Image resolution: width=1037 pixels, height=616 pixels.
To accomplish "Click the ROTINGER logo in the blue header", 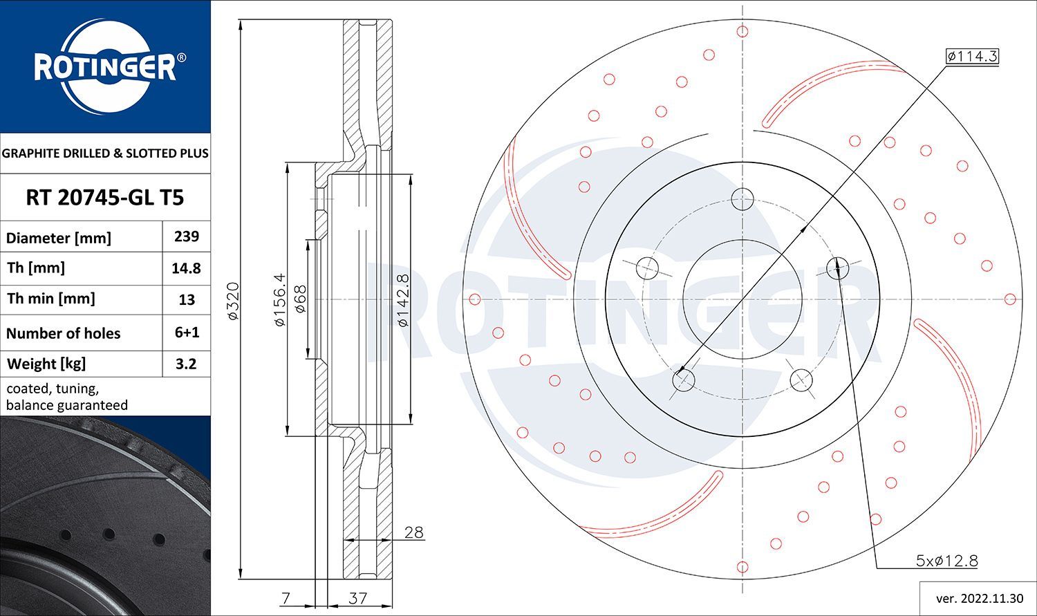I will click(x=105, y=68).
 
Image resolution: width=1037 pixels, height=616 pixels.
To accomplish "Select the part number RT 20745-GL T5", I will click(x=105, y=198).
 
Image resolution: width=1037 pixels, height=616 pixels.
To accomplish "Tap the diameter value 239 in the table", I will click(x=186, y=236).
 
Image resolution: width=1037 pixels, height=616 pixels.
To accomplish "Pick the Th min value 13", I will click(x=186, y=300).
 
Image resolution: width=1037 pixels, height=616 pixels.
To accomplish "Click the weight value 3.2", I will click(x=186, y=364).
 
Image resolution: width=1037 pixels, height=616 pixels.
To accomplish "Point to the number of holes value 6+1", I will click(x=186, y=333).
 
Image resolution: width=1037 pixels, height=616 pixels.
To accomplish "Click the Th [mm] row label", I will click(x=35, y=268).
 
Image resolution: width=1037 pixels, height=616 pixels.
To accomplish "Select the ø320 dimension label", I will click(x=233, y=300).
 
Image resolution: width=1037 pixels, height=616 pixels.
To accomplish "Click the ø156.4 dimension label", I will click(x=279, y=299).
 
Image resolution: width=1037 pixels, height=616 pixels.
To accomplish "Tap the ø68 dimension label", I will click(x=300, y=299).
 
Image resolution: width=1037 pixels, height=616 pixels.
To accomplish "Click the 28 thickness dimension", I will click(x=413, y=532).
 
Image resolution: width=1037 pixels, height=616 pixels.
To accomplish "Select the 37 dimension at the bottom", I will click(x=357, y=598).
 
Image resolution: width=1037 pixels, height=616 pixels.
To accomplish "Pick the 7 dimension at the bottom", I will click(x=286, y=598).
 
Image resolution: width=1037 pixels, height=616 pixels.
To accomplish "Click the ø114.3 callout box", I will click(x=972, y=56).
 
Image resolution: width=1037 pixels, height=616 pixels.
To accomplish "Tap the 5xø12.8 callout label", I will click(x=946, y=561).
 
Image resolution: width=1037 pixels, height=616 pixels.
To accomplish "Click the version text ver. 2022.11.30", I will click(x=978, y=597).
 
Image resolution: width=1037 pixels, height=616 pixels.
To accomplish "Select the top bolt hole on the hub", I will click(x=742, y=198).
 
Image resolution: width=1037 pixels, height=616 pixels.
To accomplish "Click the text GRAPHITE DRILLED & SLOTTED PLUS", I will click(x=105, y=153).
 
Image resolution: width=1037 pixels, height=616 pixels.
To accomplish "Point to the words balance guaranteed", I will click(x=67, y=405).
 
